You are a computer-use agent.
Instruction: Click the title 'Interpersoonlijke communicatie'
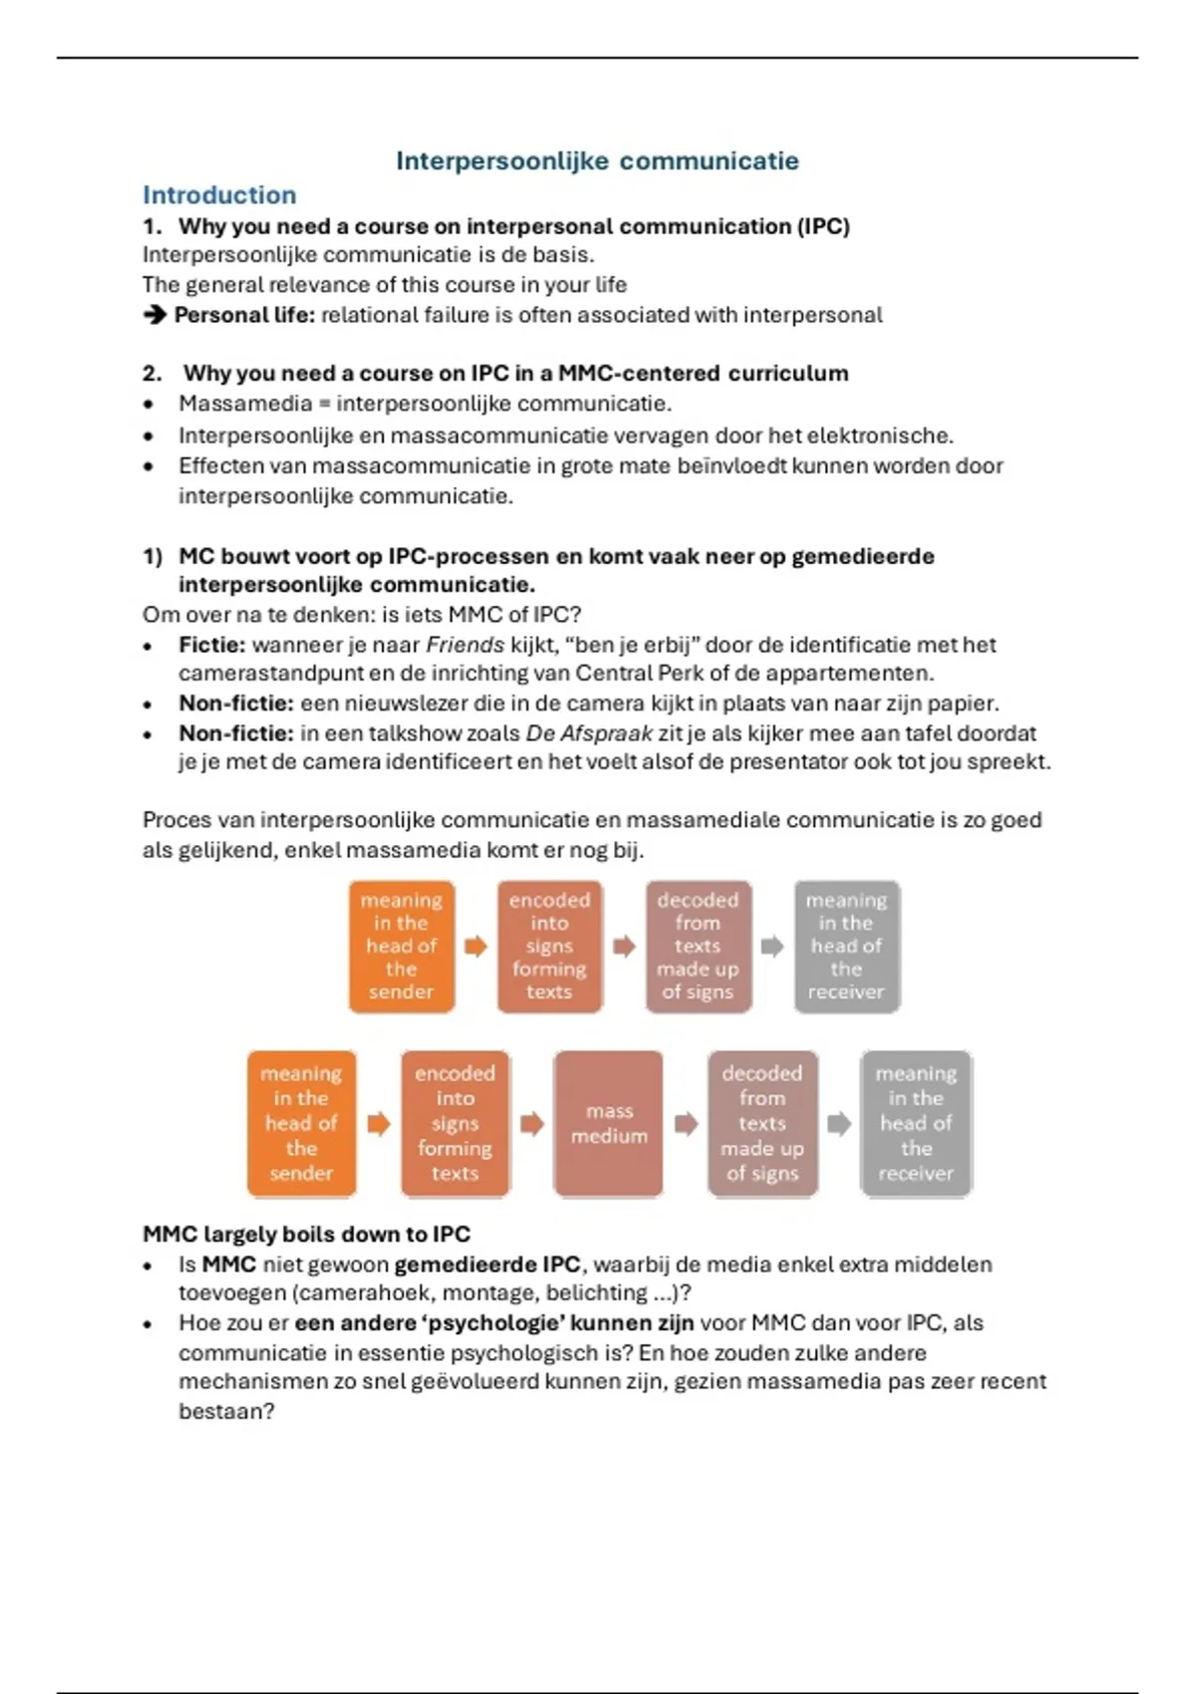pyautogui.click(x=597, y=161)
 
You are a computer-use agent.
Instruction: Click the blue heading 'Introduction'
pyautogui.click(x=219, y=195)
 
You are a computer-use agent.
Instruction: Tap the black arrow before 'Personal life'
pyautogui.click(x=154, y=315)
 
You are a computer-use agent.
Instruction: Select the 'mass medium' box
pyautogui.click(x=609, y=1123)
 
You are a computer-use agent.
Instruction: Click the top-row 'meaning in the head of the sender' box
pyautogui.click(x=402, y=946)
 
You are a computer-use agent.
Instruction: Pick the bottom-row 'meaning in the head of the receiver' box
pyautogui.click(x=916, y=1123)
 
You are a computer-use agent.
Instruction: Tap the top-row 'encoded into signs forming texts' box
pyautogui.click(x=549, y=946)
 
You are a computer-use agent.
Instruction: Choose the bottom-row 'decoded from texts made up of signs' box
pyautogui.click(x=762, y=1123)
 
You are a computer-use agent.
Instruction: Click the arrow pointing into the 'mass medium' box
pyautogui.click(x=532, y=1124)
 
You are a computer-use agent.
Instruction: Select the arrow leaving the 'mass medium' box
pyautogui.click(x=686, y=1124)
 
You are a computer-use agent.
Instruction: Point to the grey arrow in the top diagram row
pyautogui.click(x=772, y=946)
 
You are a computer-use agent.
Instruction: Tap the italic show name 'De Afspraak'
pyautogui.click(x=588, y=733)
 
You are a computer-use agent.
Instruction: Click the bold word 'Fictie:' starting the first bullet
pyautogui.click(x=211, y=645)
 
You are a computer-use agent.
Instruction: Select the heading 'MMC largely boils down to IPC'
pyautogui.click(x=306, y=1234)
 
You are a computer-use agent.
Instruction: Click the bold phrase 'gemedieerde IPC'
pyautogui.click(x=486, y=1265)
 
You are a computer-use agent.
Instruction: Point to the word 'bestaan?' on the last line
pyautogui.click(x=226, y=1411)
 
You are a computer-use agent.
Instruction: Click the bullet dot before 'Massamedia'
pyautogui.click(x=149, y=405)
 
